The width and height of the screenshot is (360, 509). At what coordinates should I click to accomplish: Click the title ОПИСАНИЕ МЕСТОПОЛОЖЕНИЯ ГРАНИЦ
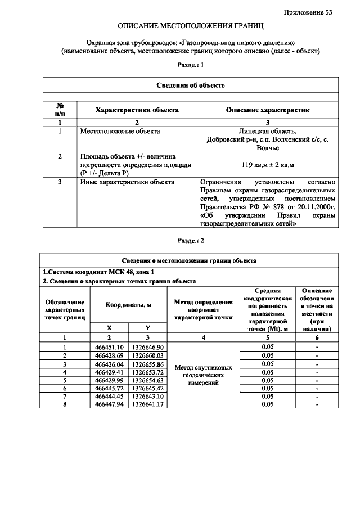[x=190, y=26]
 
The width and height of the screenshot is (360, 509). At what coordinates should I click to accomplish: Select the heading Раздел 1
[x=190, y=65]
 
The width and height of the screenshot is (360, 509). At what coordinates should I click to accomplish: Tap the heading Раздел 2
[x=190, y=241]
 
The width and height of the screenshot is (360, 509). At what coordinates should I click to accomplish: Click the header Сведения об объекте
[x=191, y=85]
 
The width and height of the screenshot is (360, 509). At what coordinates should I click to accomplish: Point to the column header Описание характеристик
[x=267, y=110]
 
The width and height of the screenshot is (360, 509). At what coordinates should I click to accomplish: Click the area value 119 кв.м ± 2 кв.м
[x=267, y=165]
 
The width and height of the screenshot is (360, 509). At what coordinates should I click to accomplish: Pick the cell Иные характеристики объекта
[x=128, y=182]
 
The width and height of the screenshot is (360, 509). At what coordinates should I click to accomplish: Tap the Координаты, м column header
[x=128, y=304]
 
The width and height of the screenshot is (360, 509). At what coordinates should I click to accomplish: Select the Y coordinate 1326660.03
[x=147, y=355]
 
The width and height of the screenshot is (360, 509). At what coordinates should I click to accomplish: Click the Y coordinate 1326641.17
[x=147, y=404]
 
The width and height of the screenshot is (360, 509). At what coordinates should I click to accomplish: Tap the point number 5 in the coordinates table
[x=65, y=380]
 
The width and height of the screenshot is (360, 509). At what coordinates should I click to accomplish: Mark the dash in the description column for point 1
[x=317, y=347]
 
